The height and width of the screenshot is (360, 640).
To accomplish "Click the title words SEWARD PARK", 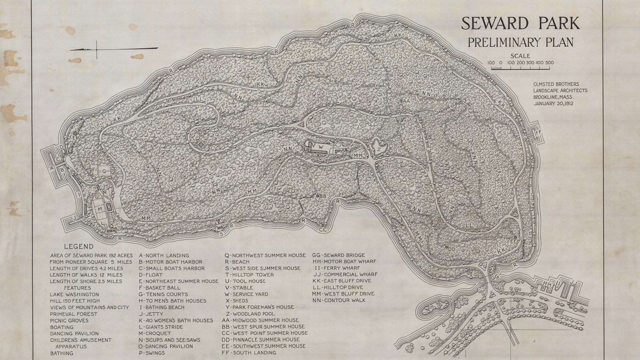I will tap(520, 24).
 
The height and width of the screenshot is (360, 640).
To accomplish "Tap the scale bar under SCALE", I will tap(520, 68).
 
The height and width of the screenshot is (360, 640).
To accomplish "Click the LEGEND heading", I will tap(78, 247).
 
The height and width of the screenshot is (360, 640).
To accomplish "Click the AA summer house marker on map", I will tap(406, 101).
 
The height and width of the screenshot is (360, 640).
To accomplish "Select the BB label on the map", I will tap(323, 196).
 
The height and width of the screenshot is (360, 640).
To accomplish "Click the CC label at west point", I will tap(322, 230).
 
